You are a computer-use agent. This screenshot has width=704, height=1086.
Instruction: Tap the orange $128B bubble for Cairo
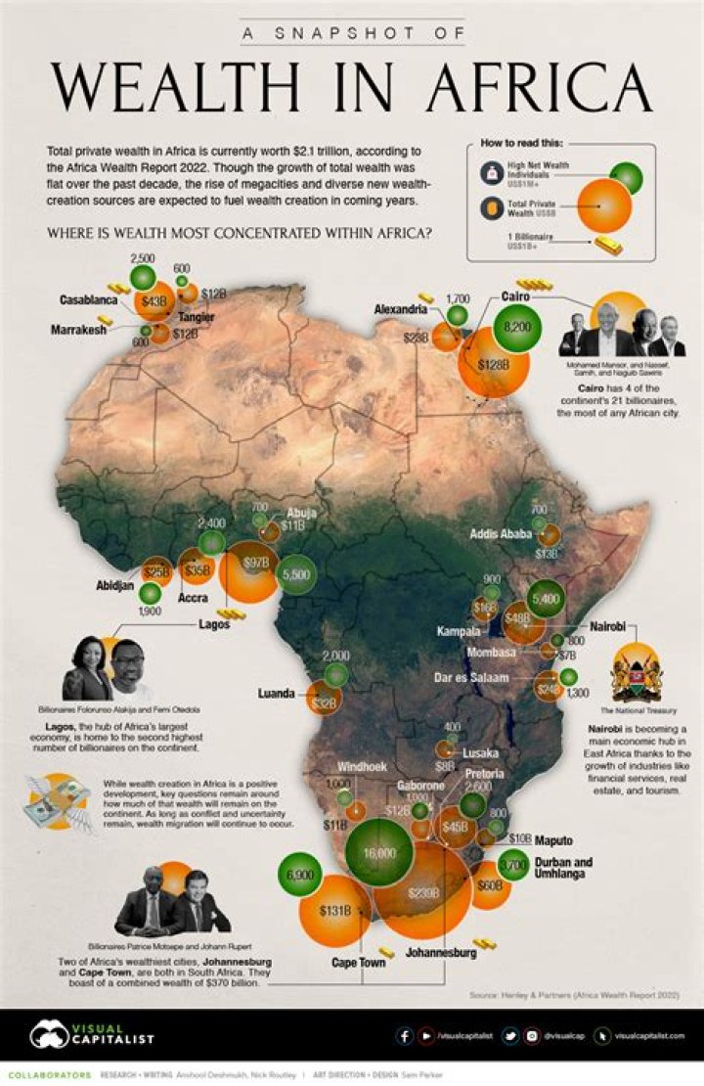tap(494, 364)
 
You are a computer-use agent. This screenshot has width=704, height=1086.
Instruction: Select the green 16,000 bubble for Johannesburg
tap(379, 852)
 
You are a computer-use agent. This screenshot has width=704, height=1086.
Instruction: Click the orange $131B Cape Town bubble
tap(334, 910)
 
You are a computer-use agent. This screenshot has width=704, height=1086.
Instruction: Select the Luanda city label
tap(277, 694)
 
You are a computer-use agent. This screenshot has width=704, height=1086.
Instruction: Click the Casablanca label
tap(72, 300)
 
